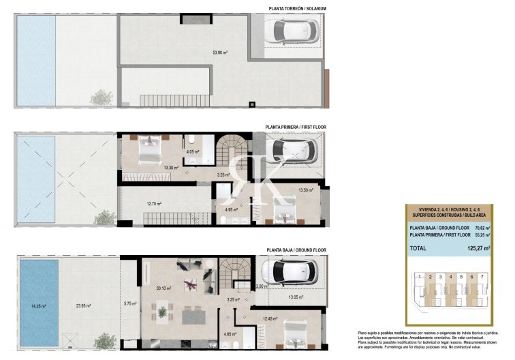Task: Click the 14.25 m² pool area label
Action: [x=38, y=306]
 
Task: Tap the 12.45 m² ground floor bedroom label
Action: [x=271, y=318]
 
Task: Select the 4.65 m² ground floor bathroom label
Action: [x=230, y=333]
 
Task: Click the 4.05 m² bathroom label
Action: [x=192, y=152]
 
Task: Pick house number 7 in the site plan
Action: [x=481, y=277]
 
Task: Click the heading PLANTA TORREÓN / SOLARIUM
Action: [x=298, y=9]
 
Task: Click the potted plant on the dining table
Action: [x=163, y=312]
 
